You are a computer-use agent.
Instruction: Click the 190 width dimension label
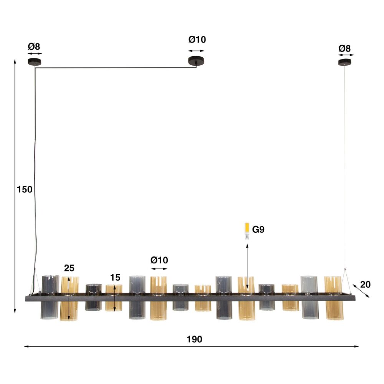pyautogui.click(x=194, y=339)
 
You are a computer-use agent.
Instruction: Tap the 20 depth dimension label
pyautogui.click(x=366, y=285)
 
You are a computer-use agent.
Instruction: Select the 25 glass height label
pyautogui.click(x=69, y=268)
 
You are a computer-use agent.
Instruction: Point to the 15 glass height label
pyautogui.click(x=115, y=278)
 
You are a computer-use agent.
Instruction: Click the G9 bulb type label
pyautogui.click(x=258, y=230)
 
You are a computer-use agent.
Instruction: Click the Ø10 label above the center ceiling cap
pyautogui.click(x=197, y=40)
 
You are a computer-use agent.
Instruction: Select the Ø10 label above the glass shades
pyautogui.click(x=159, y=260)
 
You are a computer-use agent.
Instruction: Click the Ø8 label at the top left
pyautogui.click(x=34, y=47)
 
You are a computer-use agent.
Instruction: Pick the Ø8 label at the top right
pyautogui.click(x=344, y=48)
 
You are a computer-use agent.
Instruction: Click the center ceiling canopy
pyautogui.click(x=196, y=60)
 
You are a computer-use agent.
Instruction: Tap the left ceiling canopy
pyautogui.click(x=35, y=62)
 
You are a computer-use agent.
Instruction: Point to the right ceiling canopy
pyautogui.click(x=346, y=62)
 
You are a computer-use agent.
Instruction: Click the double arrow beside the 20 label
pyautogui.click(x=361, y=291)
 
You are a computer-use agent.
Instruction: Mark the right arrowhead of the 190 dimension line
pyautogui.click(x=357, y=346)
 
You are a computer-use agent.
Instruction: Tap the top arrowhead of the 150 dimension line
pyautogui.click(x=15, y=61)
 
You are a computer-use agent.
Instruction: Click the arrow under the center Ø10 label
pyautogui.click(x=197, y=51)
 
